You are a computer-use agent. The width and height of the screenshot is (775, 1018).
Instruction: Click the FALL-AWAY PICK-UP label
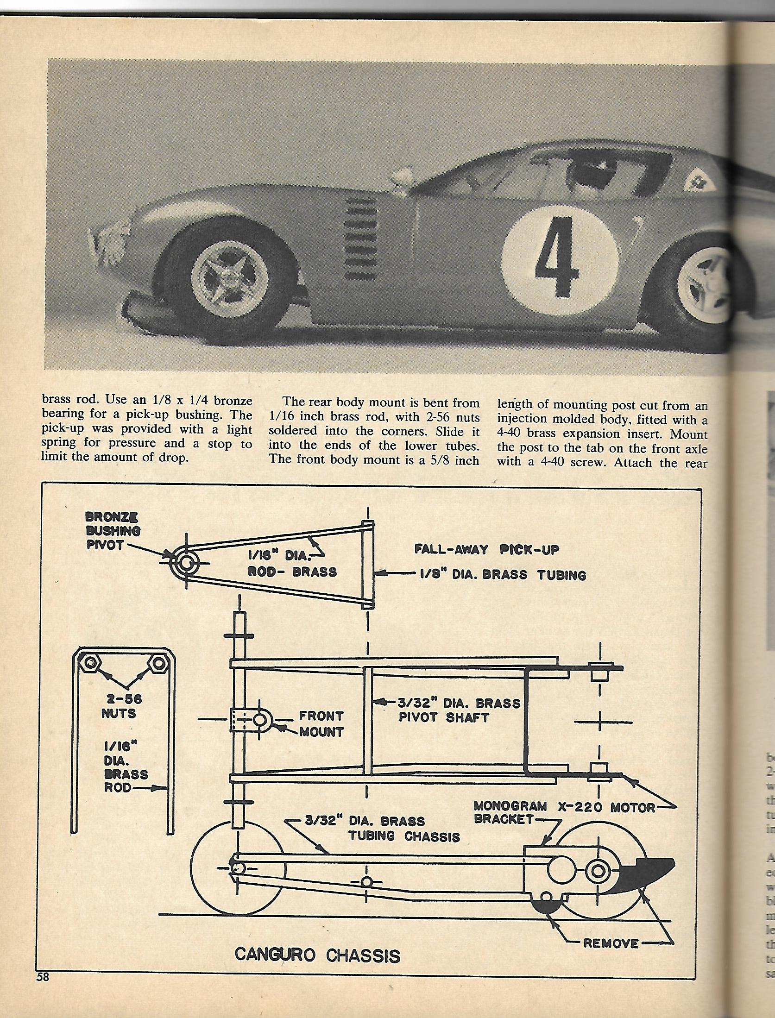[x=486, y=550]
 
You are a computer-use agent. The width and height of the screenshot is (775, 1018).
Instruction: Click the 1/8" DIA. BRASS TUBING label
[x=503, y=575]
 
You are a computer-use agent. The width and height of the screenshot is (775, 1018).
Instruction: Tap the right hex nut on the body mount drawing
[x=158, y=664]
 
